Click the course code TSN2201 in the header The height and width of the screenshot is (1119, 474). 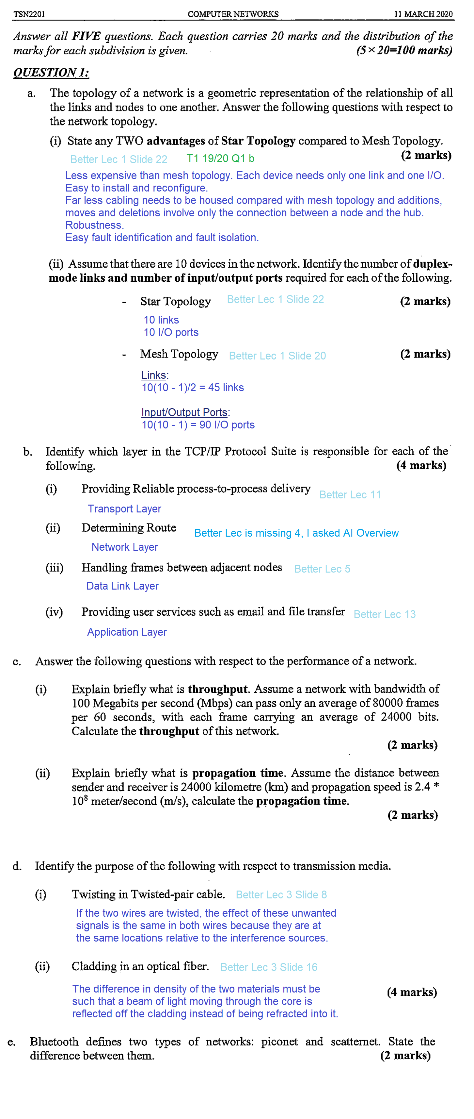click(29, 14)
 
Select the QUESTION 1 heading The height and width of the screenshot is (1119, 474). click(51, 72)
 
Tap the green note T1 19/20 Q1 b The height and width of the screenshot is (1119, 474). click(220, 159)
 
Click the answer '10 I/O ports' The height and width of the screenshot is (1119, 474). click(171, 332)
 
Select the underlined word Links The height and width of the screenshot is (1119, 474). click(154, 375)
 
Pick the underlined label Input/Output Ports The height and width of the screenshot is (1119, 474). click(184, 412)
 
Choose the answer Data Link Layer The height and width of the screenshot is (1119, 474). click(122, 586)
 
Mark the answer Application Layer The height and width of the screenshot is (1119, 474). click(127, 632)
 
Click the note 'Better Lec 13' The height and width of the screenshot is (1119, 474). click(385, 614)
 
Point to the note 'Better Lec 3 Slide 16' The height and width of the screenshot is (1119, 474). click(269, 967)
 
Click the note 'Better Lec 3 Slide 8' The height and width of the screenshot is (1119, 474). click(281, 894)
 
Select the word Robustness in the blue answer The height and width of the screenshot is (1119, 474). click(94, 225)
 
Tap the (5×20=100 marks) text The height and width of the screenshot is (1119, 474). click(404, 50)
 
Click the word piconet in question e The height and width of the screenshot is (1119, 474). click(279, 1041)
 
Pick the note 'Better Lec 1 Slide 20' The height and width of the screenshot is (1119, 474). click(277, 356)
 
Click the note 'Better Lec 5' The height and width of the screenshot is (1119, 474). click(322, 569)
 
